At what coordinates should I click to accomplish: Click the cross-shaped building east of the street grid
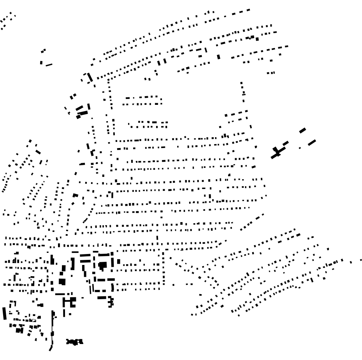(277, 152)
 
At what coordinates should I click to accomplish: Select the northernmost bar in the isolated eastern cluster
(302, 130)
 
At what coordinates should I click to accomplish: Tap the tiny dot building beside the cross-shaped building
(300, 148)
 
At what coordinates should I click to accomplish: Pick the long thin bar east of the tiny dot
(311, 143)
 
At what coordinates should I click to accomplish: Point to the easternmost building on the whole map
(361, 259)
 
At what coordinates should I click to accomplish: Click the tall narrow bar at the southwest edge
(4, 313)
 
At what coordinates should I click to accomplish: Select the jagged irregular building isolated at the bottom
(74, 342)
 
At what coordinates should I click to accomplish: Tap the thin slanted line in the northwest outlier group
(49, 65)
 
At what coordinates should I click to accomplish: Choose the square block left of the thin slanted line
(41, 62)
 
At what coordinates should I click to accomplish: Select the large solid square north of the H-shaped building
(62, 282)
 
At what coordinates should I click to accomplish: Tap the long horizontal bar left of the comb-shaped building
(102, 298)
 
